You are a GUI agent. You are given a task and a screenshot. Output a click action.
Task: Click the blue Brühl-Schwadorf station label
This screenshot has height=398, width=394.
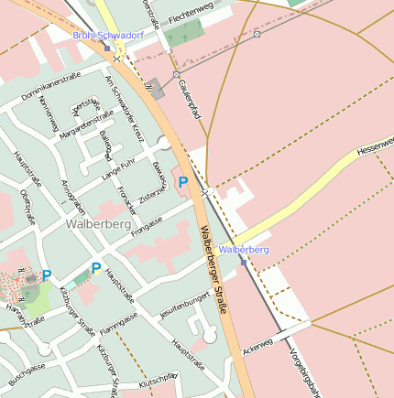tap(107, 35)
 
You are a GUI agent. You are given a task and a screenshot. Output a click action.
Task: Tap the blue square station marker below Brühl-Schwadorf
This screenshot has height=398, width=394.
tap(107, 48)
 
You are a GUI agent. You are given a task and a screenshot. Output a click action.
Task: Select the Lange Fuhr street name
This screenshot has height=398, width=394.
tap(118, 167)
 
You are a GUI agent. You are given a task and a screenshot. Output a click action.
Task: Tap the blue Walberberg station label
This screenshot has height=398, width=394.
tap(245, 249)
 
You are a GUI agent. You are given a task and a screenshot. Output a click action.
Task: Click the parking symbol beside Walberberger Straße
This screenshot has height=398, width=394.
tap(183, 183)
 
